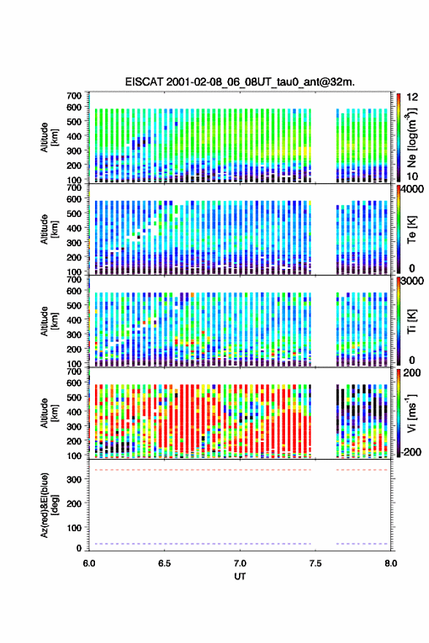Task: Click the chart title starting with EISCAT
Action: tap(240, 82)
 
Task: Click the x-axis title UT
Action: tap(240, 577)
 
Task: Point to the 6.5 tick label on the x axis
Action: tap(164, 563)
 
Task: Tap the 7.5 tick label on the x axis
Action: tap(316, 563)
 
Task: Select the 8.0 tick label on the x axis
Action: tap(391, 563)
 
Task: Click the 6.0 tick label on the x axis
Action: tap(89, 563)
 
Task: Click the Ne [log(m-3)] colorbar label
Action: tap(411, 138)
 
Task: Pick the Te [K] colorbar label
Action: tap(411, 229)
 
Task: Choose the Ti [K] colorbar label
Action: tap(411, 321)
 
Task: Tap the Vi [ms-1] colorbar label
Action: tap(411, 413)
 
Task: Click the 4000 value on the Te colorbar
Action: tap(411, 189)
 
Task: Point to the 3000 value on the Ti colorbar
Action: tap(412, 281)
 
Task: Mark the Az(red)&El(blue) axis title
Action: tap(49, 505)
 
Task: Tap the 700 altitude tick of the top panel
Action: tap(75, 96)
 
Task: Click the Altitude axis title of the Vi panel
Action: tap(48, 413)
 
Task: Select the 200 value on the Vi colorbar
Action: tap(412, 373)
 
